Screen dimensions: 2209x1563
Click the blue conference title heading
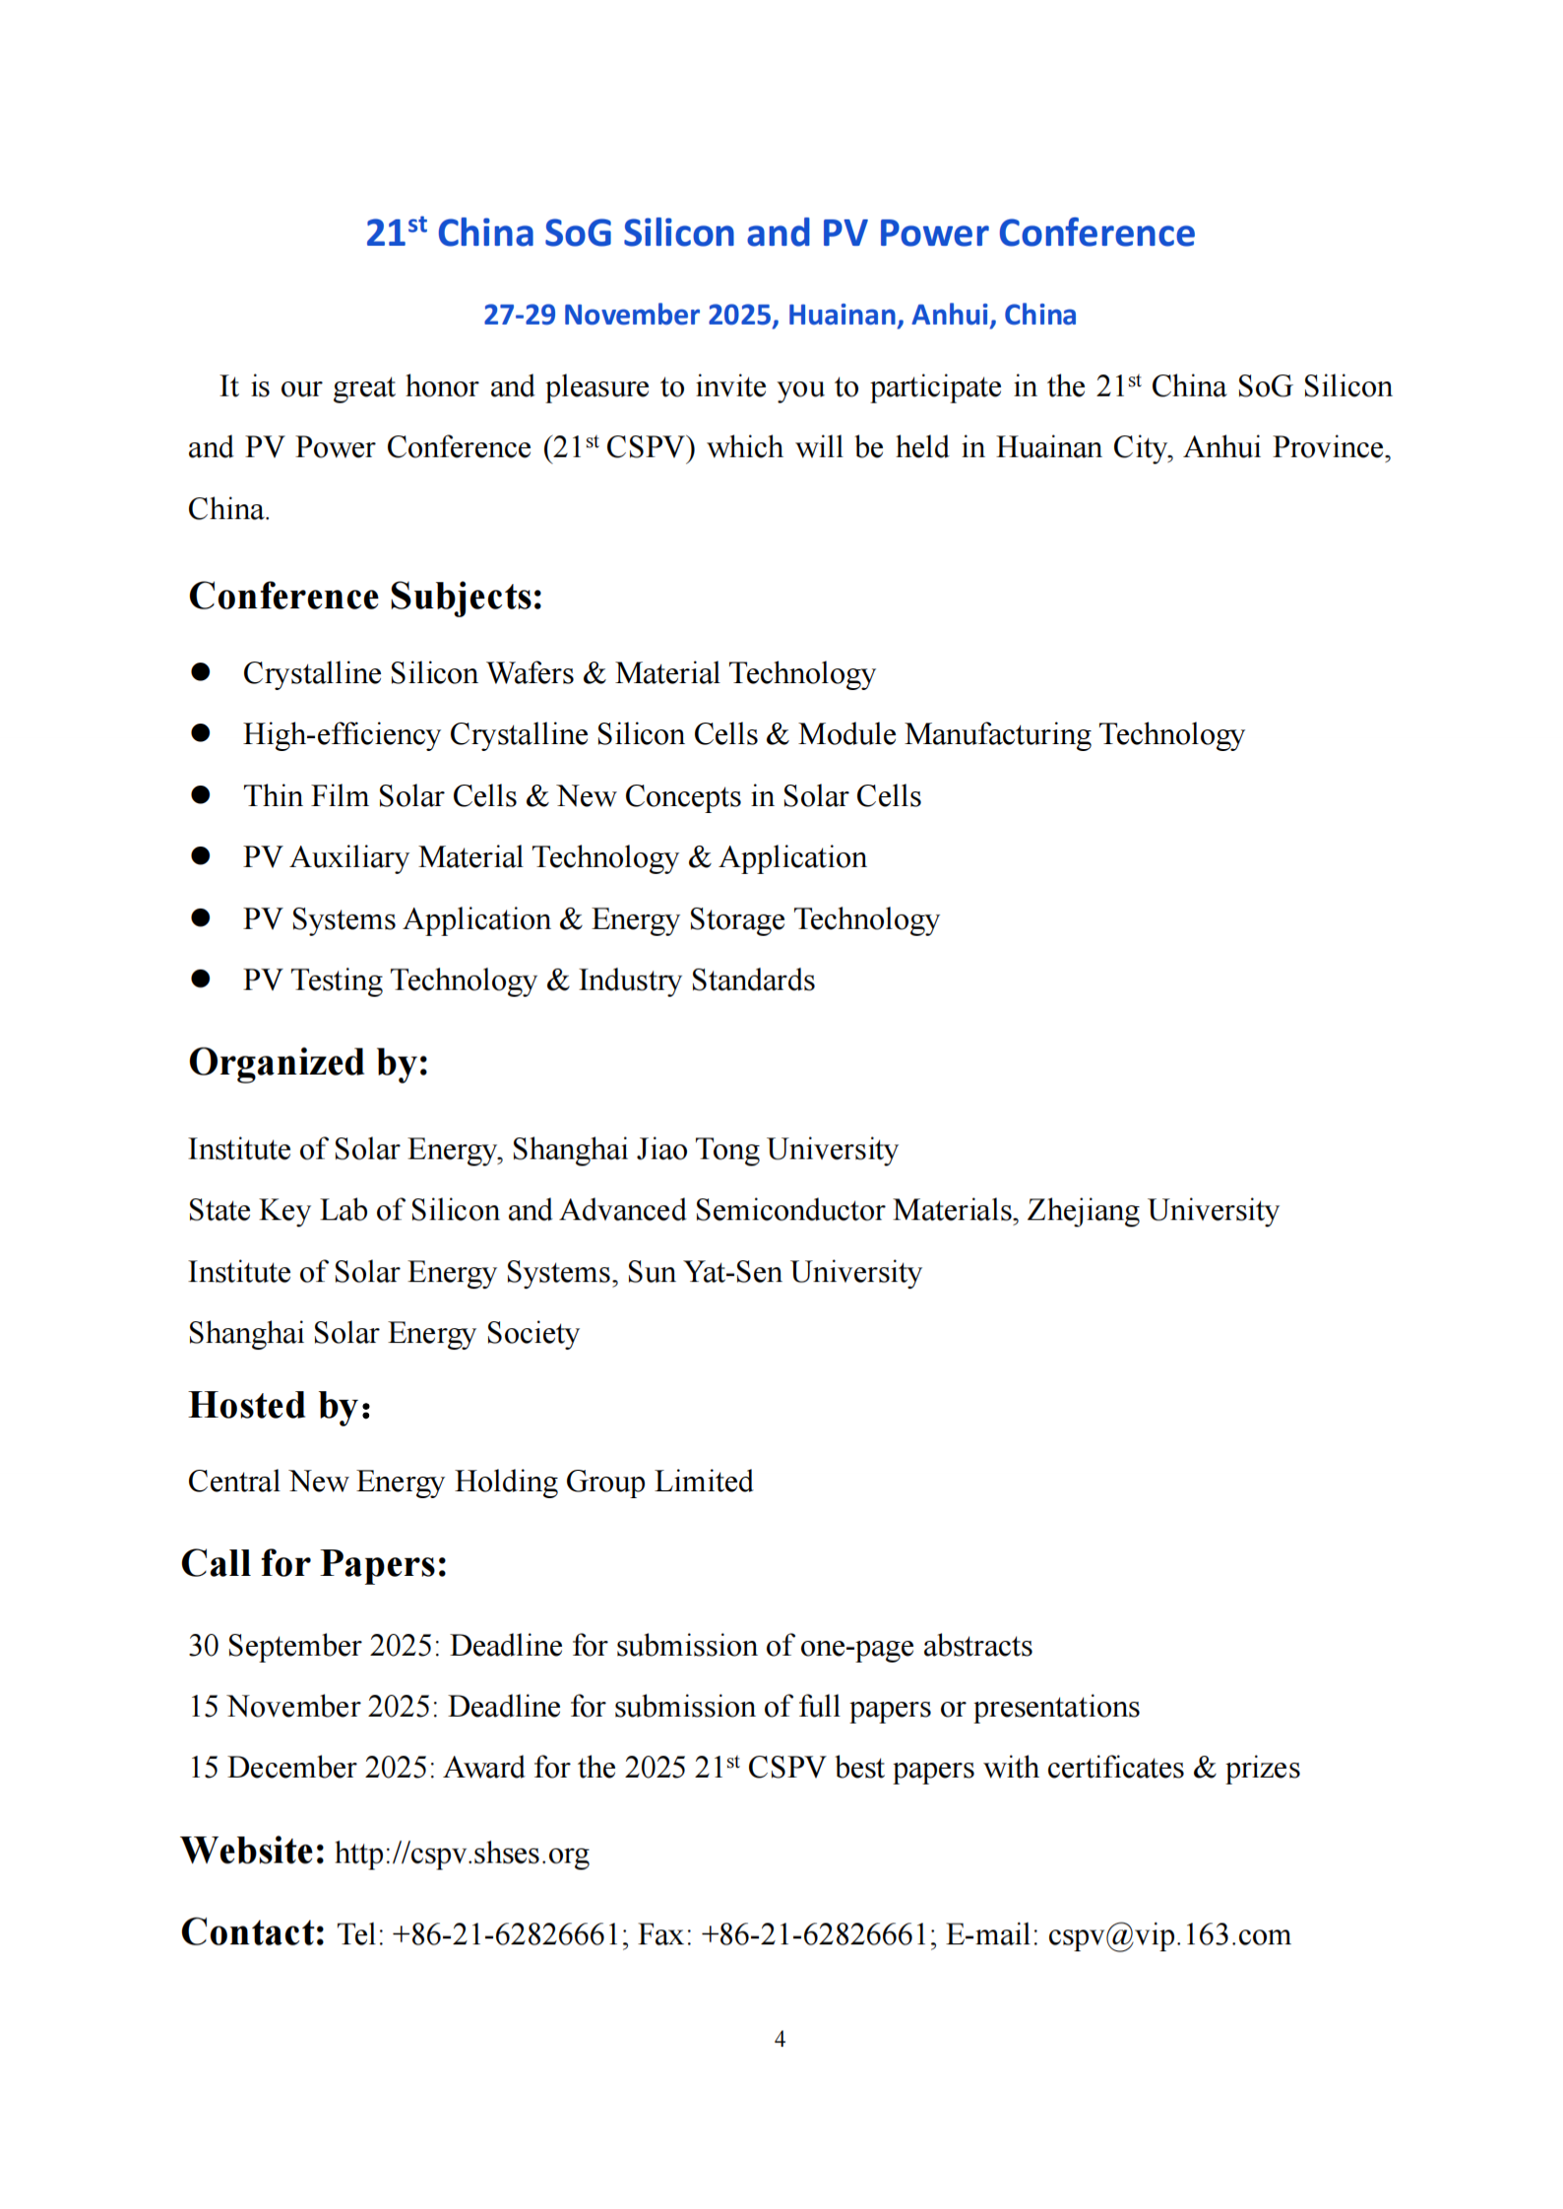780,233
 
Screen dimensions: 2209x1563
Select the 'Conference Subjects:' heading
365,597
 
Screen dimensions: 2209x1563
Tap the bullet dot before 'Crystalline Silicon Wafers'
201,672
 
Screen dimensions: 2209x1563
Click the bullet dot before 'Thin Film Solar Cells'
201,795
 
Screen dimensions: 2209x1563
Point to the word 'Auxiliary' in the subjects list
349,857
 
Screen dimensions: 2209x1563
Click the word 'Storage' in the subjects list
736,919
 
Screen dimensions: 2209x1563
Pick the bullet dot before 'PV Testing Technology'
201,979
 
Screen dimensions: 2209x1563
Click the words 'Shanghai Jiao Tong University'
705,1150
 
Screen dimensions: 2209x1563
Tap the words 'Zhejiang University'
1153,1211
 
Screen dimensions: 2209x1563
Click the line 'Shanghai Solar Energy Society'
384,1334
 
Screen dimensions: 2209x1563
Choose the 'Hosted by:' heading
280,1406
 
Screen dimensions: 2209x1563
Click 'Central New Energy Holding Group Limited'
470,1483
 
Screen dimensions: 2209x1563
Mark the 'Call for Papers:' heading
314,1564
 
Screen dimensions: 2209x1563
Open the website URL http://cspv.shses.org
462,1855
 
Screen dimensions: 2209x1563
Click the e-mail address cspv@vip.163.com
1168,1935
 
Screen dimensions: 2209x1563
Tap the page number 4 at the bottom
780,2040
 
